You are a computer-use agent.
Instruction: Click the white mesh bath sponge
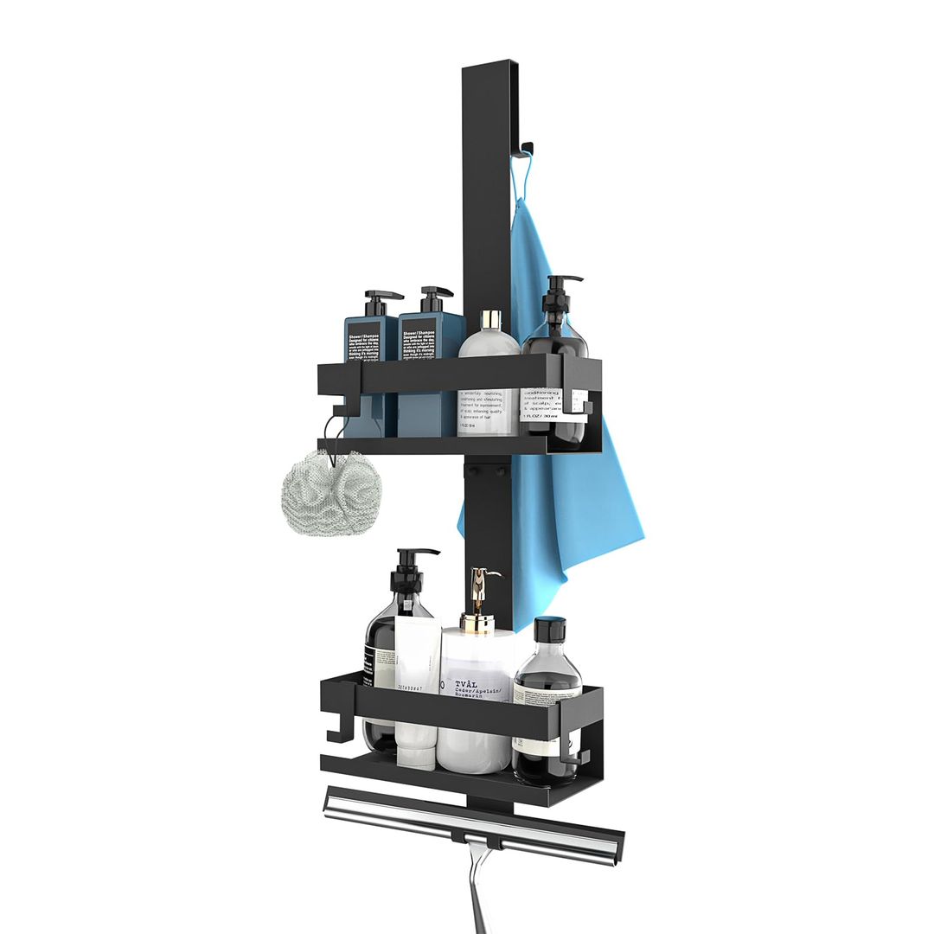tap(331, 492)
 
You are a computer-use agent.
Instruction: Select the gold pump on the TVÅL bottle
tap(480, 588)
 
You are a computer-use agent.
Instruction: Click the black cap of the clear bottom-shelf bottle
tap(550, 629)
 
